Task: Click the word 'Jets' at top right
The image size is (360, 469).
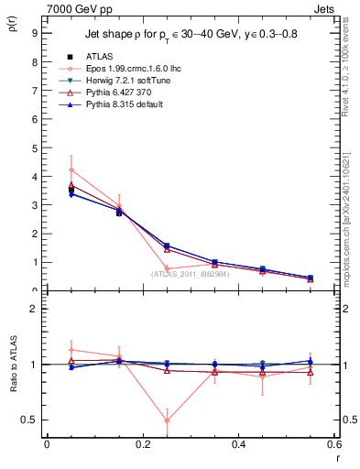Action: click(x=324, y=8)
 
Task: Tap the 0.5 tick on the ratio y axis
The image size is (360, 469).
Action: click(x=30, y=420)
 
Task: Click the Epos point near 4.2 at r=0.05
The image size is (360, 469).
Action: click(x=71, y=170)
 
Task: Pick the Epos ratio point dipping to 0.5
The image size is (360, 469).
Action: click(x=167, y=420)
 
